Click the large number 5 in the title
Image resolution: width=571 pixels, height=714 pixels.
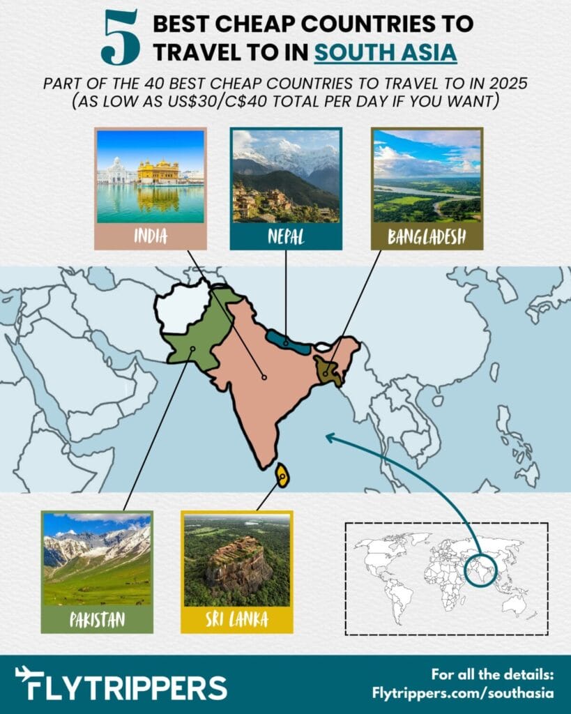tap(120, 38)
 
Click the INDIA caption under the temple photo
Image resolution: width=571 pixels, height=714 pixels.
tap(151, 236)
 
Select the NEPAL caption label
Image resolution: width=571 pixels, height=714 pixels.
tap(285, 236)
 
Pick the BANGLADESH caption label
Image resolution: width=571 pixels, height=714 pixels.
tap(427, 236)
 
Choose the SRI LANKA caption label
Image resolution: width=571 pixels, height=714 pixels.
tap(236, 618)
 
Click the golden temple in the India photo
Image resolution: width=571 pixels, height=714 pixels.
tap(158, 172)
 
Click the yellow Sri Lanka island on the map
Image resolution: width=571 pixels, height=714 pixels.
tap(282, 476)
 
